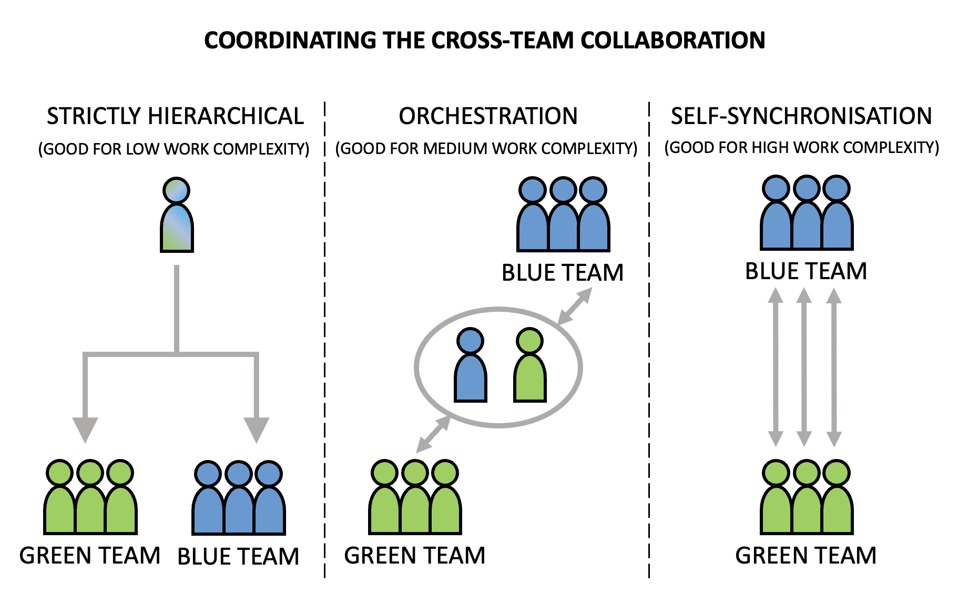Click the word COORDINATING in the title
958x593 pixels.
pos(290,40)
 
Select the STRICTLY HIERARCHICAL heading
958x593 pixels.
pos(176,116)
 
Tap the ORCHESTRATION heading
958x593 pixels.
pos(488,116)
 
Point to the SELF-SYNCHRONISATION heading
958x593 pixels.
pos(801,116)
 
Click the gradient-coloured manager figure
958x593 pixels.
pos(177,215)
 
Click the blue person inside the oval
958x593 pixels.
pos(471,365)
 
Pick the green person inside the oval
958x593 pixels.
pos(530,365)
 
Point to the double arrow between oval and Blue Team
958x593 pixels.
pos(574,306)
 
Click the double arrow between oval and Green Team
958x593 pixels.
pos(433,434)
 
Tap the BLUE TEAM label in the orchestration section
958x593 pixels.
pos(563,273)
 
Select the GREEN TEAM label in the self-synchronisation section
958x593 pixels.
pos(806,556)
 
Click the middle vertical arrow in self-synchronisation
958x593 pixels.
pos(804,367)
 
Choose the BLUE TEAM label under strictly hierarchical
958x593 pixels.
pos(238,557)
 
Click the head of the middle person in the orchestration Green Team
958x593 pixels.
pos(415,473)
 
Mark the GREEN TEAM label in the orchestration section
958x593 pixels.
pos(415,556)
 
